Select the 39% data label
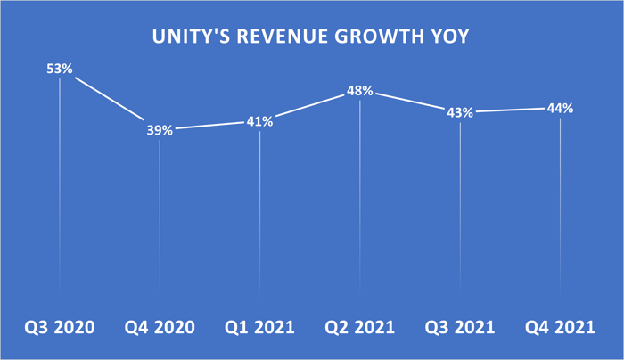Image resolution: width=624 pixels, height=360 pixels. tap(160, 129)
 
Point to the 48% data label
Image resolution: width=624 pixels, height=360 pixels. tap(359, 91)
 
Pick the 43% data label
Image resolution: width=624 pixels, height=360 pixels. tap(460, 113)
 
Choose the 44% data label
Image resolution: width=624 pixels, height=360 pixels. tap(560, 109)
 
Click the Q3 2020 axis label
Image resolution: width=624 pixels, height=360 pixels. tap(60, 327)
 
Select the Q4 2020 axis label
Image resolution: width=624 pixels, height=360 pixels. tap(160, 327)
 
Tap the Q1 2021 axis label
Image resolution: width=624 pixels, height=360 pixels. tap(260, 327)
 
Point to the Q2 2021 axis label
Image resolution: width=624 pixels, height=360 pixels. tap(360, 327)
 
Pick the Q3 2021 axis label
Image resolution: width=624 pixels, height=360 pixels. tap(460, 327)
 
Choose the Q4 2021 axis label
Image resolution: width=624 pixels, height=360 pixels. tap(561, 327)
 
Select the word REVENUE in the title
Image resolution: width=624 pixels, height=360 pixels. tap(275, 38)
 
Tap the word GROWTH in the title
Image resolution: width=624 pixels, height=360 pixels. tap(368, 38)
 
